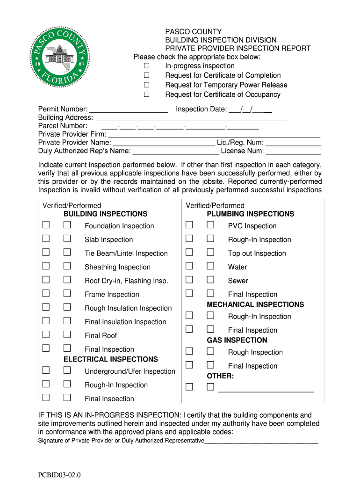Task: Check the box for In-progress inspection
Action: [x=146, y=66]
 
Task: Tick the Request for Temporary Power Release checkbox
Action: [x=146, y=85]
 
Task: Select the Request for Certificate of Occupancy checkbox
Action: [x=146, y=94]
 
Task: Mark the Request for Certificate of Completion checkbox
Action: [x=146, y=75]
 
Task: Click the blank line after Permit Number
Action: [x=129, y=110]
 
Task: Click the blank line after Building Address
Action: [x=191, y=118]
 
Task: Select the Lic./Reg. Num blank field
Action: [x=293, y=143]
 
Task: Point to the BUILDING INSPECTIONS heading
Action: [x=105, y=214]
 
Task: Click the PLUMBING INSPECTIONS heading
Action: [x=250, y=214]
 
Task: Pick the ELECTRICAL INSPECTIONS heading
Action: [x=111, y=359]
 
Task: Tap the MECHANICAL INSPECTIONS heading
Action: [x=255, y=305]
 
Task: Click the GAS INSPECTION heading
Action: [x=237, y=340]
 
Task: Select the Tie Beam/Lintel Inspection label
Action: [x=126, y=254]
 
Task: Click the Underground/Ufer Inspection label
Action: [x=130, y=371]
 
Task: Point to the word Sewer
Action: [x=238, y=281]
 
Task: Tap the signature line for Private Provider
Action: [x=261, y=441]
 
